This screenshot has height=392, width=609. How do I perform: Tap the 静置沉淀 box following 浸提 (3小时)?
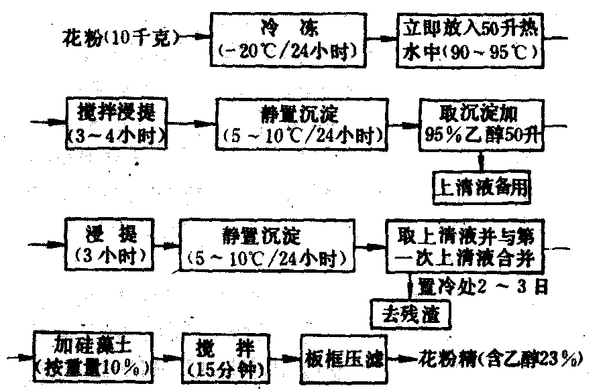[x=268, y=245]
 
